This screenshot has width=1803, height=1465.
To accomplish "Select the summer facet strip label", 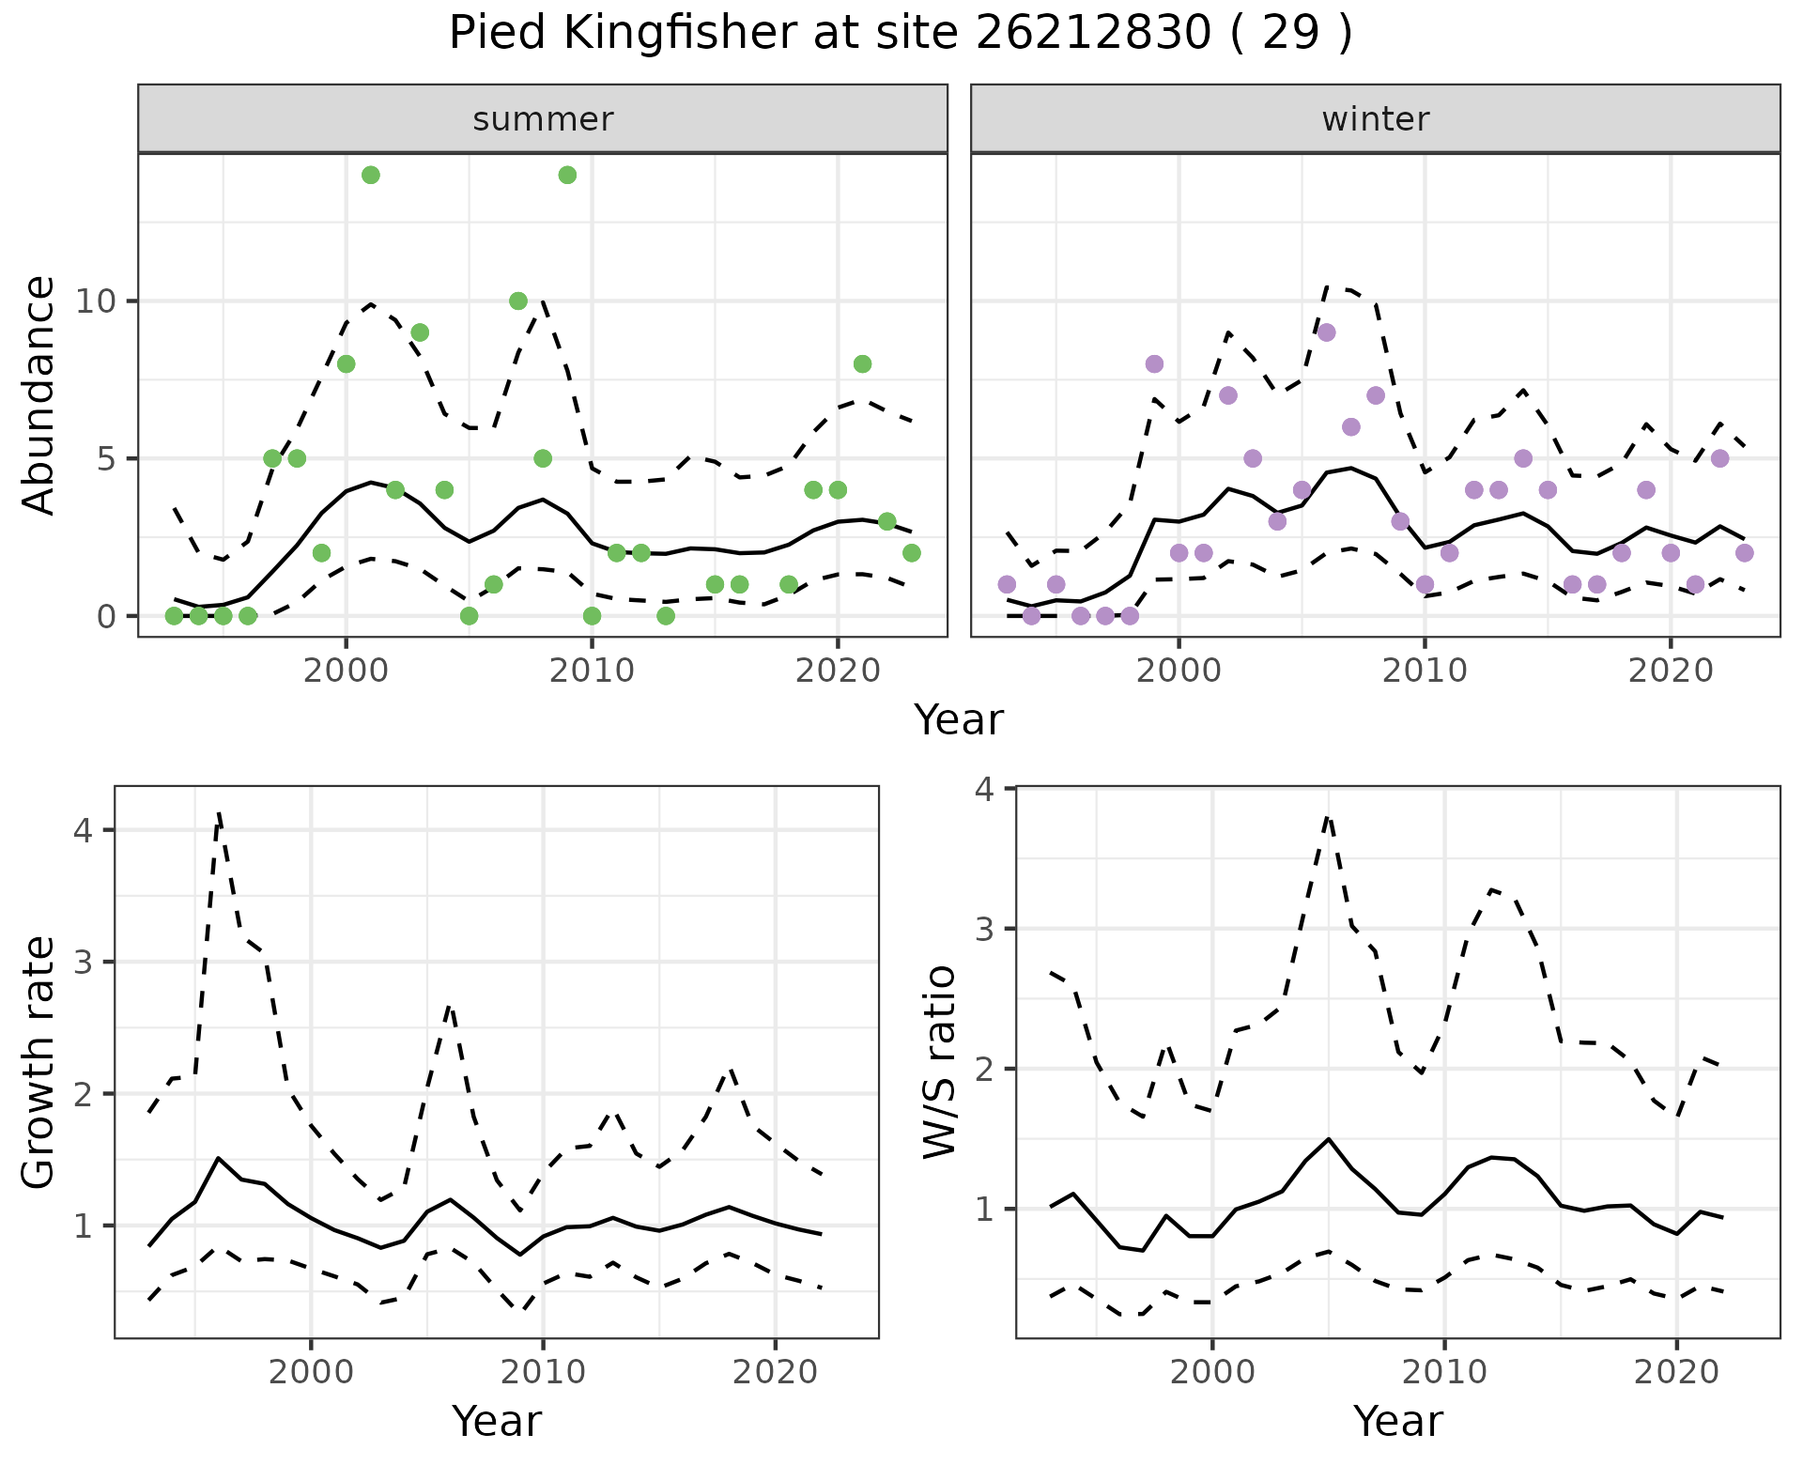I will pos(543,119).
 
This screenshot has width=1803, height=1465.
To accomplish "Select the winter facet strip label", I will pos(1375,119).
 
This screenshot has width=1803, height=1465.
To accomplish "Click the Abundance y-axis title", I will pos(39,394).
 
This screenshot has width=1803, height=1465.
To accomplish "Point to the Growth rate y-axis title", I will pos(39,1062).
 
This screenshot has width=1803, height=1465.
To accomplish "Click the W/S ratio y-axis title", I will pos(940,1062).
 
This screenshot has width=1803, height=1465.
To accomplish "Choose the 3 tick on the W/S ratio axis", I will pos(985,929).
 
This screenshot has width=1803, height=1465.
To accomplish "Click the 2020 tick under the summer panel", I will pos(838,671).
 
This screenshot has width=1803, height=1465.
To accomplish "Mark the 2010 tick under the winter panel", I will pos(1425,671).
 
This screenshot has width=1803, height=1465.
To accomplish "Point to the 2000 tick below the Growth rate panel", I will pos(311,1372).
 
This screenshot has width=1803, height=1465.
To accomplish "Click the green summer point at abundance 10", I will pos(518,301).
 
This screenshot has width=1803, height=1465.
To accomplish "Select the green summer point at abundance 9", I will pos(420,332).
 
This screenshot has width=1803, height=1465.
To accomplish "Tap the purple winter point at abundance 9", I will pos(1326,332).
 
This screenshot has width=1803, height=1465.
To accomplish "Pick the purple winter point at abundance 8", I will pos(1154,364).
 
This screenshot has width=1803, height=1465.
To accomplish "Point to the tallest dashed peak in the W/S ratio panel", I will pos(1328,817).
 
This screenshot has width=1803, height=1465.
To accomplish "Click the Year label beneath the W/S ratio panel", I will pos(1397,1421).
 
